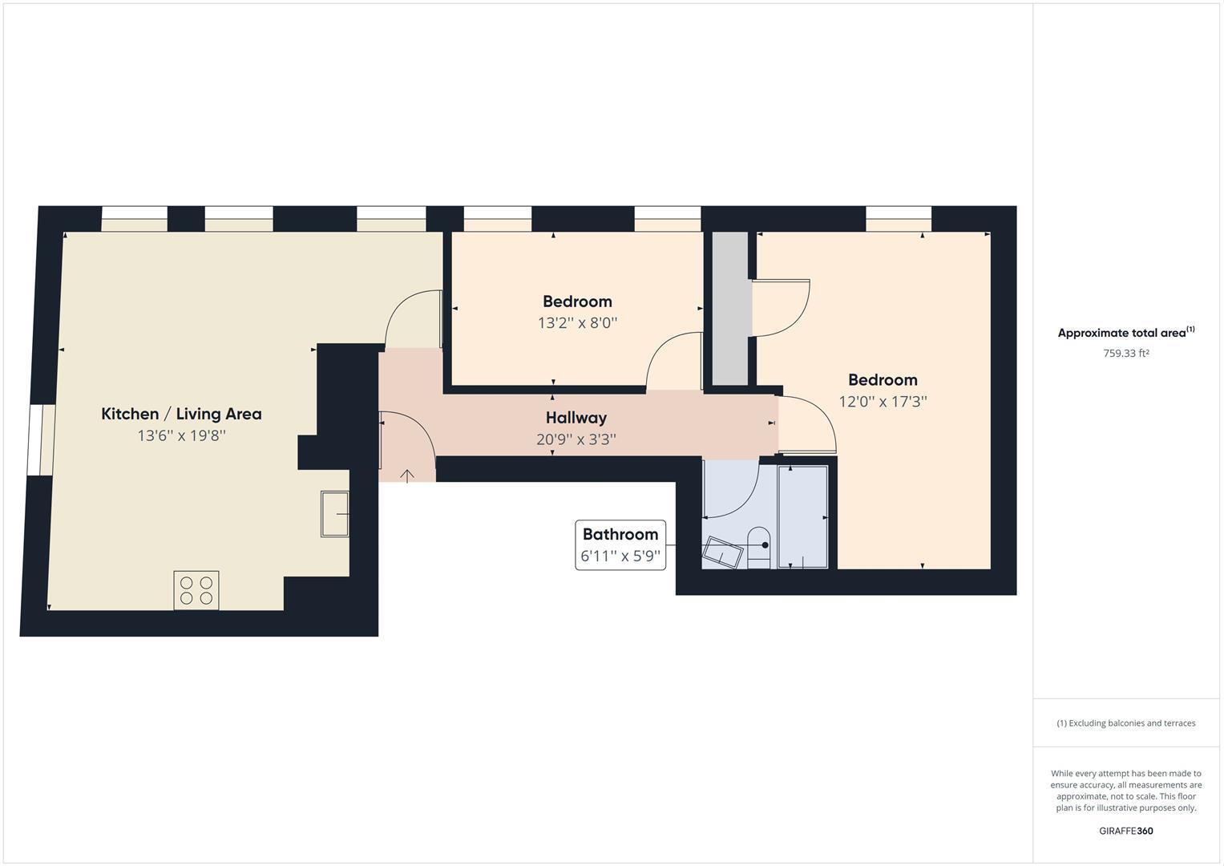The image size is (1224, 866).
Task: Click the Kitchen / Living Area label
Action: point(181,414)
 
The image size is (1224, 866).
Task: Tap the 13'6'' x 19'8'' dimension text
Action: point(181,436)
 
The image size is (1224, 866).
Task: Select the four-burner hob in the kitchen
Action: point(196,590)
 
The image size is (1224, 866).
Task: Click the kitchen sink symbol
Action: point(335,513)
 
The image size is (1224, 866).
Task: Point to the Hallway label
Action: point(576,418)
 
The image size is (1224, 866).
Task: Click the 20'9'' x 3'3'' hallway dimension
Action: point(576,439)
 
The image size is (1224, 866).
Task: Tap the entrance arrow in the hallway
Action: point(407,476)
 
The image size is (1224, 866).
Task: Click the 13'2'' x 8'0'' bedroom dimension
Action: point(577,323)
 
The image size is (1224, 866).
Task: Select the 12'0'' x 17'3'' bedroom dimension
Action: point(883,402)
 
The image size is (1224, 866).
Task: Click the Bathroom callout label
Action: point(620,534)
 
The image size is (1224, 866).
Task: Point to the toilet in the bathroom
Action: point(758,548)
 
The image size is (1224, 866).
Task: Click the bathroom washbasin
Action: point(722,552)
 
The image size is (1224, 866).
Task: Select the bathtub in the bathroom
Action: point(802,516)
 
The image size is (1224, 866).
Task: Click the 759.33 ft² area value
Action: point(1126,354)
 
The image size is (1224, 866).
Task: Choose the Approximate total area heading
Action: point(1125,333)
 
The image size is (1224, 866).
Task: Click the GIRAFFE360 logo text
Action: point(1125,831)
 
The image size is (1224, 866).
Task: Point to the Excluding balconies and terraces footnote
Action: point(1125,723)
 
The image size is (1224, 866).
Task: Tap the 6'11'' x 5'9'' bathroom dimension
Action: point(620,556)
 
